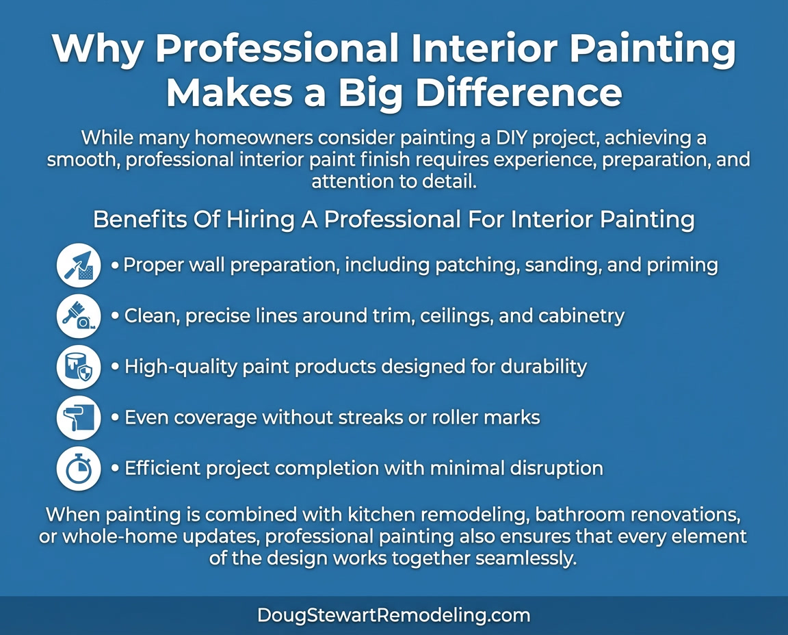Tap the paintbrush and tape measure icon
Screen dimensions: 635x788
tap(79, 316)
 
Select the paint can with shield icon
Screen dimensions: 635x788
tap(79, 367)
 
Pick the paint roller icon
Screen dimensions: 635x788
tap(79, 417)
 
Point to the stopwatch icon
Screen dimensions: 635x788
tap(79, 469)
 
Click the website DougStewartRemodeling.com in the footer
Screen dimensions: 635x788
tap(393, 615)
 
